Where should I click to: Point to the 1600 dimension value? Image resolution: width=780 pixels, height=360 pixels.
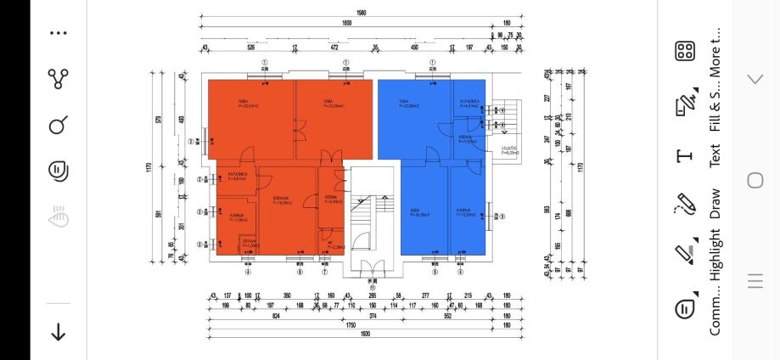(347, 24)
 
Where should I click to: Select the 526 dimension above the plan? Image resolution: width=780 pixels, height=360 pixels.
(250, 48)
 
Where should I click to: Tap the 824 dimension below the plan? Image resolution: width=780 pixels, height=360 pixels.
(276, 314)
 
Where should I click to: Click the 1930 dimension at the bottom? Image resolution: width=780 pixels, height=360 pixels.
(364, 333)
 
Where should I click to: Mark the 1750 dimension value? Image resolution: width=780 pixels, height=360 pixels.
(351, 323)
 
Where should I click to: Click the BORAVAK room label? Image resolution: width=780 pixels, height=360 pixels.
(283, 201)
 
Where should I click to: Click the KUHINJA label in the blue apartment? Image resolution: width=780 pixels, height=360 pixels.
(463, 211)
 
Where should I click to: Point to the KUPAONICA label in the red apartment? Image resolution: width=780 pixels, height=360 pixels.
(237, 177)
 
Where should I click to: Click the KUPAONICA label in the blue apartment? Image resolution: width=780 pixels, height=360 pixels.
(470, 103)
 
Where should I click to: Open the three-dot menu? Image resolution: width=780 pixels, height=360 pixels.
(58, 33)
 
